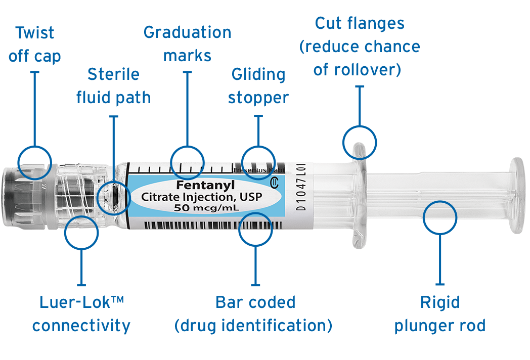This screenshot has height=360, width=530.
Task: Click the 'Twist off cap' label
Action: click(x=34, y=44)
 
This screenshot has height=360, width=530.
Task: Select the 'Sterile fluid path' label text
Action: click(x=113, y=85)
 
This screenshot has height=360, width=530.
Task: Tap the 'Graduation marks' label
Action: click(x=187, y=43)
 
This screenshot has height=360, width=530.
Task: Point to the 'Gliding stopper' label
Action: click(x=258, y=85)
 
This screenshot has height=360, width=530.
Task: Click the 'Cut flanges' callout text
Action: click(x=360, y=46)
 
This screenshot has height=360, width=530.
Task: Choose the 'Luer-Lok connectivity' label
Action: click(x=81, y=314)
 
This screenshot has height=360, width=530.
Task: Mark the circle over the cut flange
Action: click(x=360, y=142)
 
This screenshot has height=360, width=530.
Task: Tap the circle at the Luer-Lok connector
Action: click(x=81, y=233)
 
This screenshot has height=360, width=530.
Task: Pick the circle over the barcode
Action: click(x=255, y=229)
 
